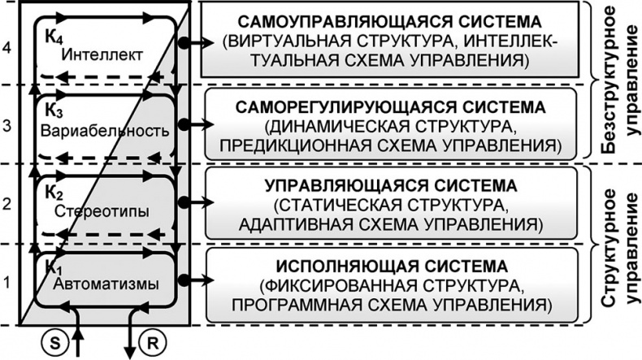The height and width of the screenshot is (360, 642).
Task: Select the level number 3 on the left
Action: [x=8, y=126]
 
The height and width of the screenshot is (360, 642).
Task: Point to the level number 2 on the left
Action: [x=8, y=205]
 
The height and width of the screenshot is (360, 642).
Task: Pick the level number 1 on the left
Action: [x=8, y=284]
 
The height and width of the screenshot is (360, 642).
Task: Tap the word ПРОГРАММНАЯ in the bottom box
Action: [x=300, y=304]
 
